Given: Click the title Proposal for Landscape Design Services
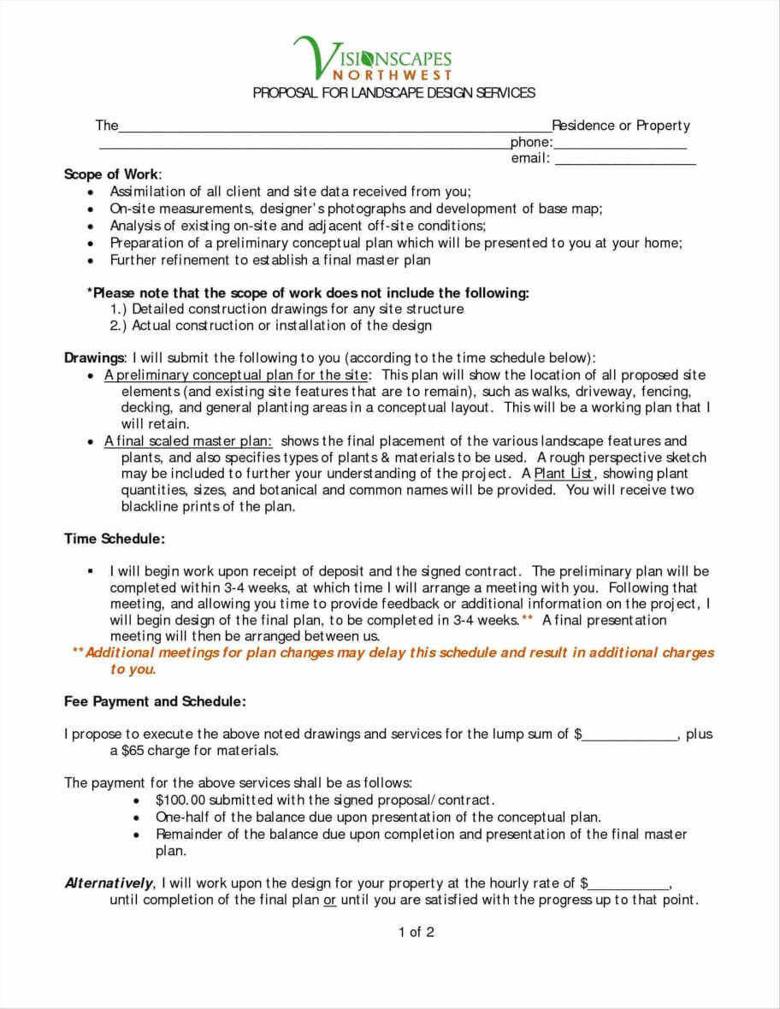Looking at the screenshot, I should point(393,92).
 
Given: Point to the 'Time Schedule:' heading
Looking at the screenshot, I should point(115,539).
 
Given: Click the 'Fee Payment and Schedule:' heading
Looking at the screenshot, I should point(155,701).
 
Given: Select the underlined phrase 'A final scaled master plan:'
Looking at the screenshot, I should point(188,441).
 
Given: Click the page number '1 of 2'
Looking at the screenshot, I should point(416,932).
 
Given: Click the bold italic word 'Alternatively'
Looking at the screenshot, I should point(109,883).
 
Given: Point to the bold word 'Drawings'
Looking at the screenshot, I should point(94,358).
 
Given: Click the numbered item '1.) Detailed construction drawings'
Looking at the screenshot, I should point(287,309).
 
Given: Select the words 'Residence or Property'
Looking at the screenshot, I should point(621,126).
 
